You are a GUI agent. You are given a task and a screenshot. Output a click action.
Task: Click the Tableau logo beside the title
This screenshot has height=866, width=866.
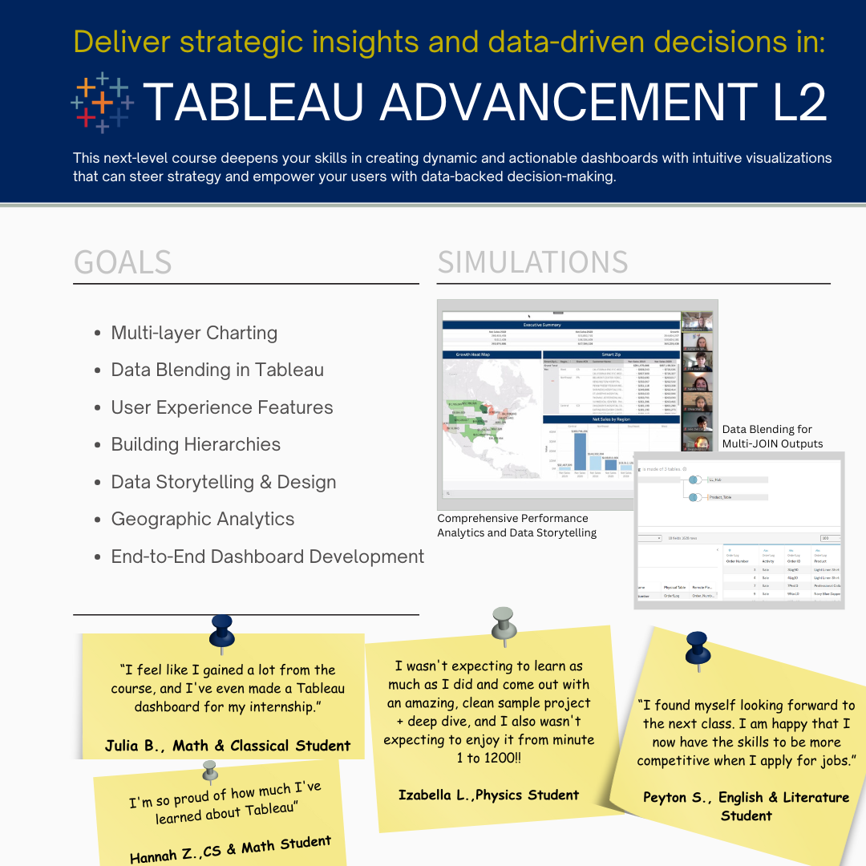(x=103, y=102)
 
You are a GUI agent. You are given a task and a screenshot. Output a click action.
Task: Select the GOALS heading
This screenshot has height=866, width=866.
(x=123, y=263)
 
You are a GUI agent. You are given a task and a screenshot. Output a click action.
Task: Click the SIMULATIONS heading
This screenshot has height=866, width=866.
(x=532, y=263)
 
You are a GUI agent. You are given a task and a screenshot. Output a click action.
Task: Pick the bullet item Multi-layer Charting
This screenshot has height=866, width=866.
(x=194, y=333)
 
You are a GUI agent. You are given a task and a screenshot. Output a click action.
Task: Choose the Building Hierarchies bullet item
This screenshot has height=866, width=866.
(x=196, y=444)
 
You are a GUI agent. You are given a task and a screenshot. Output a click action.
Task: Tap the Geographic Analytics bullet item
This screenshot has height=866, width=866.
(x=203, y=519)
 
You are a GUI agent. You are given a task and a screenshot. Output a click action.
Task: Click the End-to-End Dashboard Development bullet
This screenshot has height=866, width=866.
(x=267, y=556)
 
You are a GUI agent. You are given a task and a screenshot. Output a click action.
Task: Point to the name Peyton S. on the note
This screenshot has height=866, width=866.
(x=678, y=797)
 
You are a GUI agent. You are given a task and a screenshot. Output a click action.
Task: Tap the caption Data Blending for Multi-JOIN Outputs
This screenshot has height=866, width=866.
(x=772, y=436)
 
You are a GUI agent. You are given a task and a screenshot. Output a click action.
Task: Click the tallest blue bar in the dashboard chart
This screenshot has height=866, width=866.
(x=580, y=449)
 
